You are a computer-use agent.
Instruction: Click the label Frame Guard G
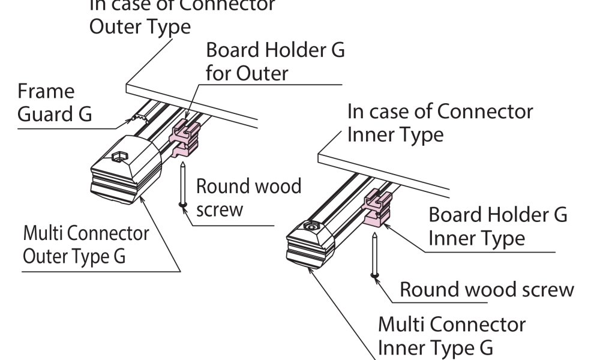(55, 103)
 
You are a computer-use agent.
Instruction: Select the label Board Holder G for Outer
(275, 61)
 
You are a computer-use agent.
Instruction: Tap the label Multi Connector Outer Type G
(85, 244)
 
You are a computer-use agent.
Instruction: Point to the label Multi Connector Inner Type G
(451, 336)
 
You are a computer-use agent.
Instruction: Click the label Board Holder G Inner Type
(497, 226)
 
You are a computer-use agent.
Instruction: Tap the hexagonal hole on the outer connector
(118, 158)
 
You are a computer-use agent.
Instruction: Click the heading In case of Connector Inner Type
(440, 122)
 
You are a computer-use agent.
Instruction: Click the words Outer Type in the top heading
(140, 27)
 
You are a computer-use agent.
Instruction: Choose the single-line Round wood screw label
(486, 290)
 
